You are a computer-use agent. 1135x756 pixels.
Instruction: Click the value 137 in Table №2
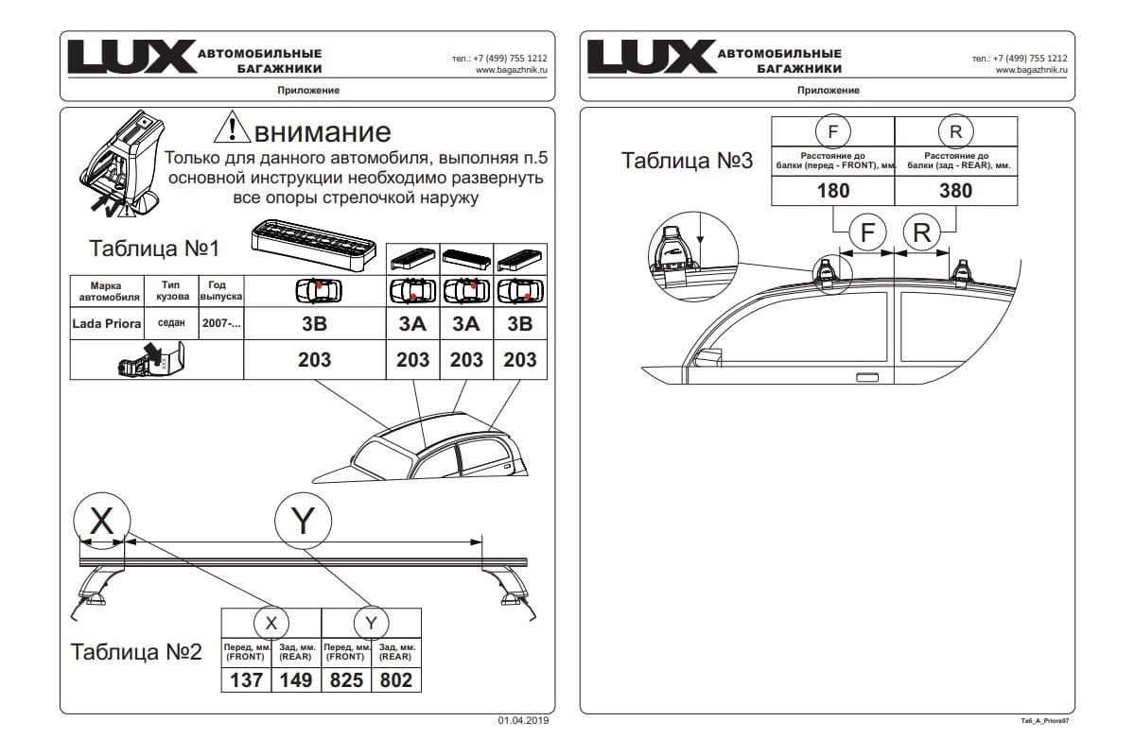click(x=246, y=680)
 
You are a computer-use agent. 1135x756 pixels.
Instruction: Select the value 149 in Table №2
click(x=296, y=680)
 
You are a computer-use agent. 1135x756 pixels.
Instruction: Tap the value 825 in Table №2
click(x=346, y=680)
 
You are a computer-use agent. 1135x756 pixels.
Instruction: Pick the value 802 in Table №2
click(x=396, y=680)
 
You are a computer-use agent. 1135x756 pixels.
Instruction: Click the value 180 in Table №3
click(x=833, y=191)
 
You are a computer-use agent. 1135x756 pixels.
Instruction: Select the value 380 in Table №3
click(x=955, y=191)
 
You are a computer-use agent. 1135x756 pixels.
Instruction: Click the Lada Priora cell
click(x=106, y=323)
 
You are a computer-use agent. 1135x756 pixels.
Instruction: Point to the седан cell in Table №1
click(x=171, y=323)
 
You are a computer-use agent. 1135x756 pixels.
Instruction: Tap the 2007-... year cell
click(x=221, y=323)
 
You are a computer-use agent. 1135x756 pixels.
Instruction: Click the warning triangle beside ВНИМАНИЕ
click(x=232, y=127)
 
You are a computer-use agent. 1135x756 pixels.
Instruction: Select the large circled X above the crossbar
click(x=102, y=521)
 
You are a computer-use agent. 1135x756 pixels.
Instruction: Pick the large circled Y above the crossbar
click(x=303, y=521)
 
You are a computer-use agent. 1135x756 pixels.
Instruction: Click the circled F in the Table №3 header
click(x=832, y=131)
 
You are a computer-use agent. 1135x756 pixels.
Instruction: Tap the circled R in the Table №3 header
click(x=955, y=131)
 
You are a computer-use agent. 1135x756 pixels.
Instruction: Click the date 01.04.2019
click(x=523, y=720)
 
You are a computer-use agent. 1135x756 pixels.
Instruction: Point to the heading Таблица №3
click(x=687, y=161)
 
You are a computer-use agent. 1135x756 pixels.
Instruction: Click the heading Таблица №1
click(x=154, y=249)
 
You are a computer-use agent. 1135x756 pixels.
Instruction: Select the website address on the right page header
click(x=1031, y=70)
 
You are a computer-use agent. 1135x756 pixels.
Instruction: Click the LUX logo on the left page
click(x=132, y=56)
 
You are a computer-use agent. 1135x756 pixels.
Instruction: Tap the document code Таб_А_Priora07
click(x=1045, y=721)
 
